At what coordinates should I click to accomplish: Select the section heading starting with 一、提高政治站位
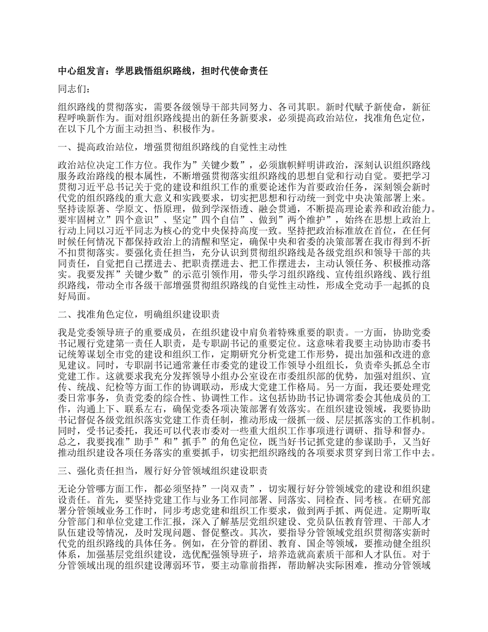(172, 148)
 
